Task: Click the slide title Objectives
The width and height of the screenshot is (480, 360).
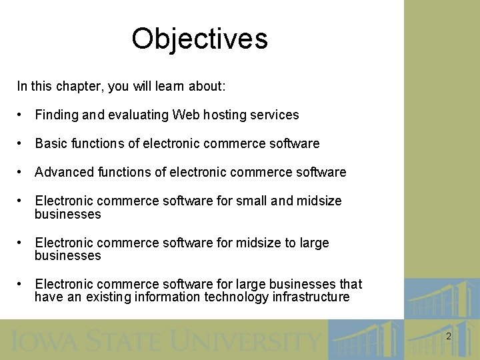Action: pos(199,39)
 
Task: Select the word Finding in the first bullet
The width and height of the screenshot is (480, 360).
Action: pos(57,115)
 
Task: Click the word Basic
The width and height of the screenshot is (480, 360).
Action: pos(51,143)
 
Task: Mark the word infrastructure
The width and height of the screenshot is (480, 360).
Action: pos(311,297)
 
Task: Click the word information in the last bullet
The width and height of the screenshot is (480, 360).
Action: pos(169,297)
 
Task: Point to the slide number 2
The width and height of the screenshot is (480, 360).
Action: pos(449,337)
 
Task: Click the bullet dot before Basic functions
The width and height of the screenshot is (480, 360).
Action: pos(22,143)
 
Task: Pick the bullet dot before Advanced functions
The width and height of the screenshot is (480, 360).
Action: pos(22,172)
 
